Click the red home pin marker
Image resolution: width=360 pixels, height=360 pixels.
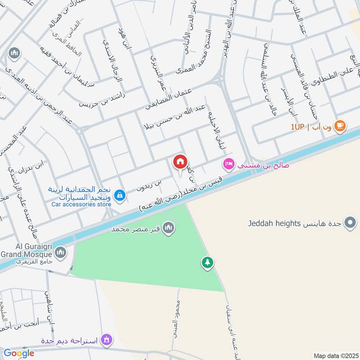[180, 161]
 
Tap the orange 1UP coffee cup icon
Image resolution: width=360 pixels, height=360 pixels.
[340, 126]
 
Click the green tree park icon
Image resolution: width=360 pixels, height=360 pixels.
[207, 262]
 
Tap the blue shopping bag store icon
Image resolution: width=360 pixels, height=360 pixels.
[120, 195]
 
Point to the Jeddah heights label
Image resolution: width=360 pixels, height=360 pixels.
[273, 223]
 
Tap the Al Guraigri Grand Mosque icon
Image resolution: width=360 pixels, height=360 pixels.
[60, 252]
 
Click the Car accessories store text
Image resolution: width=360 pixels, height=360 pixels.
[81, 204]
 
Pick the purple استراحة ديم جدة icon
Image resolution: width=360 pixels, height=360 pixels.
[107, 339]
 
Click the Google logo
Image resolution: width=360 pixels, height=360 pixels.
[19, 353]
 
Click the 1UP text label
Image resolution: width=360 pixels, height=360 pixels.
[297, 127]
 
